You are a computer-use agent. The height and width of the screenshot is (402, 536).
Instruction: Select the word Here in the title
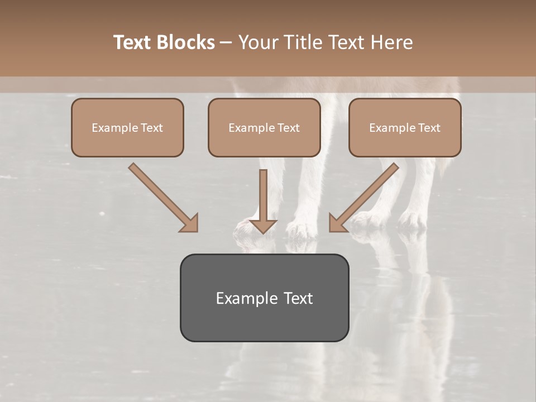[391, 42]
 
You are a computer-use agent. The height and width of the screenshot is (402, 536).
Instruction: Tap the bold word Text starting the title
[135, 42]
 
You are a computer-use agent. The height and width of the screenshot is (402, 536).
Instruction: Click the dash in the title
[226, 42]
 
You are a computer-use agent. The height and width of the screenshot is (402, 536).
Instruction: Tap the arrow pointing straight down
[263, 201]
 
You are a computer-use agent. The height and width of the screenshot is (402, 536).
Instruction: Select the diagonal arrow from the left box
[162, 195]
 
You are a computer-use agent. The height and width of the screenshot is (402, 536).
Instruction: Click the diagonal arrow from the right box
[366, 195]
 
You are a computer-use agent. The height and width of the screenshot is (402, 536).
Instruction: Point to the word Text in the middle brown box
[288, 128]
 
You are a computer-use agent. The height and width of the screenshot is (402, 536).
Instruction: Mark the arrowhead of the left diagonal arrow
[190, 223]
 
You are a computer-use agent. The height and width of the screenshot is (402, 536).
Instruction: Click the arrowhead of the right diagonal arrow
[337, 223]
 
